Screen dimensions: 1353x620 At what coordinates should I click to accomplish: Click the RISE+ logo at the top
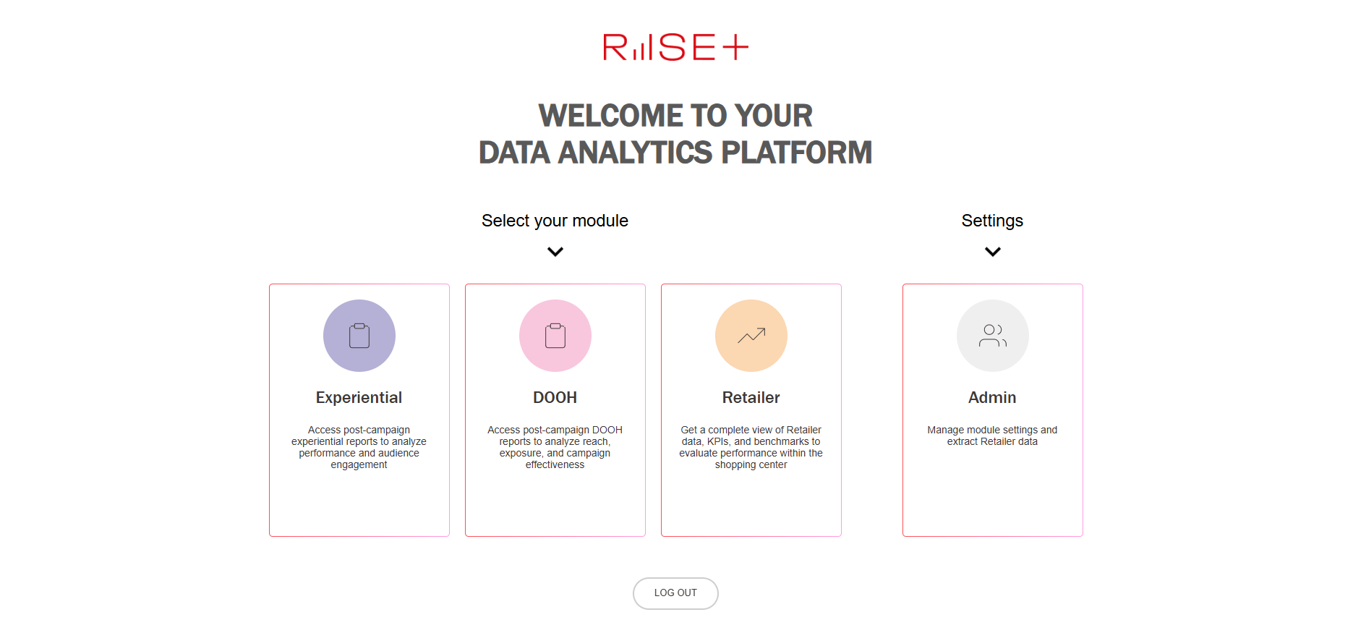675,47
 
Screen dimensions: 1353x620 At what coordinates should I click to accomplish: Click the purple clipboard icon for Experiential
359,336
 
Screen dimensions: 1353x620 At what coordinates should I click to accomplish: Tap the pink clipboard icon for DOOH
555,336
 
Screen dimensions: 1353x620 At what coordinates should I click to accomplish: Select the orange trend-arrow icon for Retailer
751,336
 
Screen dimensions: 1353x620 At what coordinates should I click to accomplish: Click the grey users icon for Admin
993,336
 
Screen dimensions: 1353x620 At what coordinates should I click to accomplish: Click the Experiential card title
359,398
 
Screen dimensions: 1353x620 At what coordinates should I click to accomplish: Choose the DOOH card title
555,398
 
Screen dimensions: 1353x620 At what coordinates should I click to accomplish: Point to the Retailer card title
751,398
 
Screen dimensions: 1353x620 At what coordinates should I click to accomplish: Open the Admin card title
992,398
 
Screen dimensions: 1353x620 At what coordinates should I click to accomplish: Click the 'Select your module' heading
555,221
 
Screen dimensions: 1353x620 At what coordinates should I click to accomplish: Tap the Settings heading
992,221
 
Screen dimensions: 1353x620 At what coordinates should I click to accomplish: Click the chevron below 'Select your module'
555,252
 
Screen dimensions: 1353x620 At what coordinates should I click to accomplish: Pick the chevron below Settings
993,252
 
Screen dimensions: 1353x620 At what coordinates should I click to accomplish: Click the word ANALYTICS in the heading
636,153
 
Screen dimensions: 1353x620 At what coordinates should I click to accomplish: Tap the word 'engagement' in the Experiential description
359,465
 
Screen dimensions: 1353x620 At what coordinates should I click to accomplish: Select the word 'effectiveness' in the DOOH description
555,465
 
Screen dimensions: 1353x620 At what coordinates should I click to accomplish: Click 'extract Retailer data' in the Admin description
992,442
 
